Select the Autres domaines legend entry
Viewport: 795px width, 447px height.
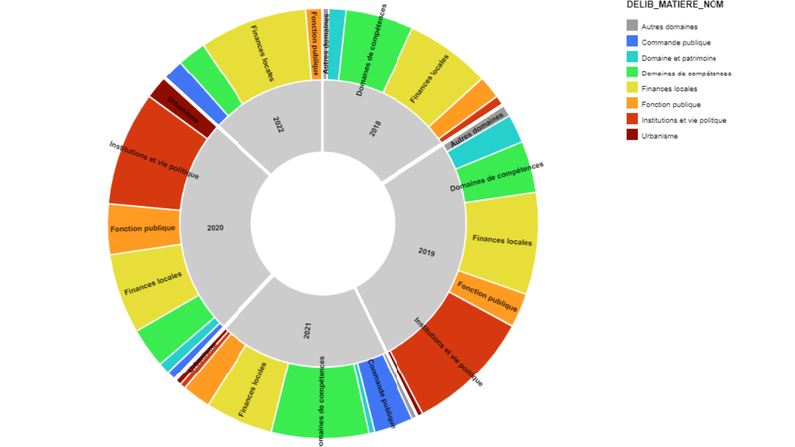click(x=669, y=26)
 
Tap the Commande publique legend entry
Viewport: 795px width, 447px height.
click(x=673, y=42)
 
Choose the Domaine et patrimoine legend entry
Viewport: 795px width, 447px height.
click(x=676, y=58)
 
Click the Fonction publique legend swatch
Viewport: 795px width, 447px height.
click(x=632, y=104)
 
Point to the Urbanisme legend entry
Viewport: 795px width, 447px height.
click(x=659, y=135)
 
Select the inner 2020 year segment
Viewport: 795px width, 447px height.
click(x=216, y=227)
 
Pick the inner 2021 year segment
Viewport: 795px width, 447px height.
click(x=308, y=328)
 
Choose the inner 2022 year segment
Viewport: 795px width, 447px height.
click(x=278, y=124)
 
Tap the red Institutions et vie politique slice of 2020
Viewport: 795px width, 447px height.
click(x=149, y=164)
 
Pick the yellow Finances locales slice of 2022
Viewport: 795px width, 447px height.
click(x=260, y=50)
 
